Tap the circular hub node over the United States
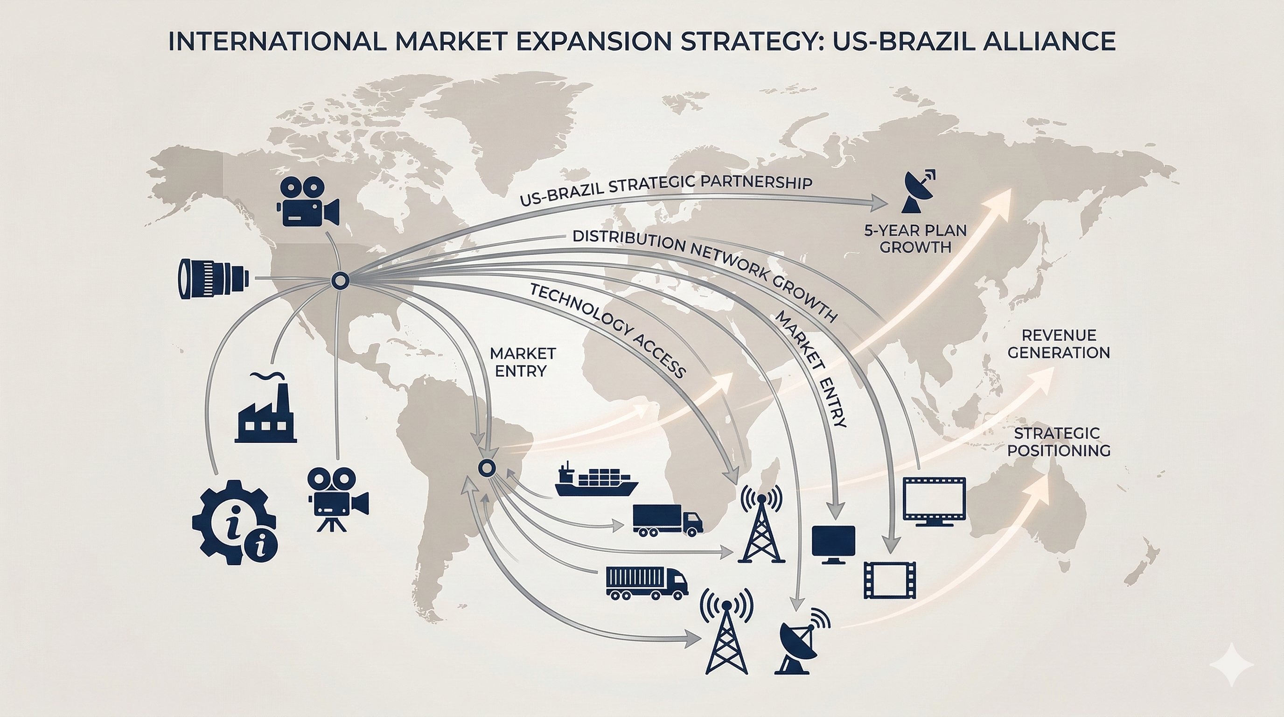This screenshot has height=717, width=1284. pos(340,281)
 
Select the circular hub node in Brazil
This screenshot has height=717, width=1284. pos(486,468)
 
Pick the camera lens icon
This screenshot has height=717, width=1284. pos(213,278)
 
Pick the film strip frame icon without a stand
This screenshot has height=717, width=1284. pos(890,579)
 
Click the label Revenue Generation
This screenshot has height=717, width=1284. pos(1059,344)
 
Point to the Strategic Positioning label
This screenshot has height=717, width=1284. pos(1059,441)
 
